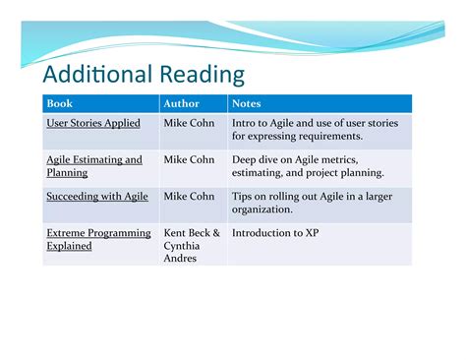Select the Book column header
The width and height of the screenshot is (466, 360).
pyautogui.click(x=60, y=102)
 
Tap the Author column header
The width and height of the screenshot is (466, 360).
pyautogui.click(x=181, y=102)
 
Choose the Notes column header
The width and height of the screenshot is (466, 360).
pyautogui.click(x=246, y=102)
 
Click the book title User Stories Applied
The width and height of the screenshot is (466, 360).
pyautogui.click(x=93, y=123)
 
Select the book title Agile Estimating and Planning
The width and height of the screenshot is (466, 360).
pyautogui.click(x=94, y=165)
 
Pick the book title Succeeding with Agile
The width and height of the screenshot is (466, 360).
pyautogui.click(x=97, y=197)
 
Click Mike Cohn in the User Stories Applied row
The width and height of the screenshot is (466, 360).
pyautogui.click(x=190, y=123)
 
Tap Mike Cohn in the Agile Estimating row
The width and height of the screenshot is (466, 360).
pyautogui.click(x=190, y=159)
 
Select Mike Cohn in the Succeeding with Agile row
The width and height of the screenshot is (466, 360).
pyautogui.click(x=190, y=197)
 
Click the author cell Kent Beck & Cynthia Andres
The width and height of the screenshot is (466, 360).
pyautogui.click(x=192, y=246)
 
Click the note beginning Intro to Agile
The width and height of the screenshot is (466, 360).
pyautogui.click(x=320, y=130)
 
